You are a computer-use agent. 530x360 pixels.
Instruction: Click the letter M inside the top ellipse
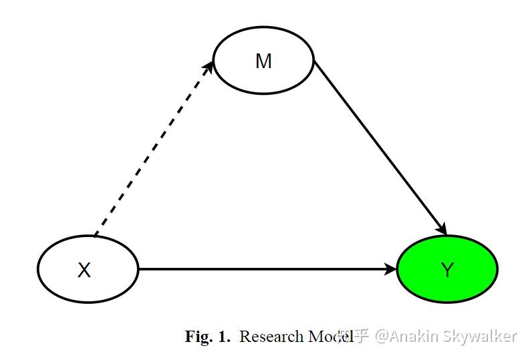pyautogui.click(x=263, y=61)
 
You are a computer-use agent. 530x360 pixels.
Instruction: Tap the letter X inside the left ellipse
pyautogui.click(x=84, y=271)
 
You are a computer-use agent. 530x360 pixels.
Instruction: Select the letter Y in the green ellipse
pyautogui.click(x=447, y=271)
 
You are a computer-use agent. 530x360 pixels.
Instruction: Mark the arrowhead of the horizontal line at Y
pyautogui.click(x=391, y=269)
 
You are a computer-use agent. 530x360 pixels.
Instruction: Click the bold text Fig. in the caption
pyautogui.click(x=198, y=337)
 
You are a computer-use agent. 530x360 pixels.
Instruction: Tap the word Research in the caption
pyautogui.click(x=271, y=337)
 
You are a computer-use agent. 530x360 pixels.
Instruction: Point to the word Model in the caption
pyautogui.click(x=330, y=337)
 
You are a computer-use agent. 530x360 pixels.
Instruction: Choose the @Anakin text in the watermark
pyautogui.click(x=407, y=336)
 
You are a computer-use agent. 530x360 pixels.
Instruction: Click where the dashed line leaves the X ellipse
pyautogui.click(x=96, y=236)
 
